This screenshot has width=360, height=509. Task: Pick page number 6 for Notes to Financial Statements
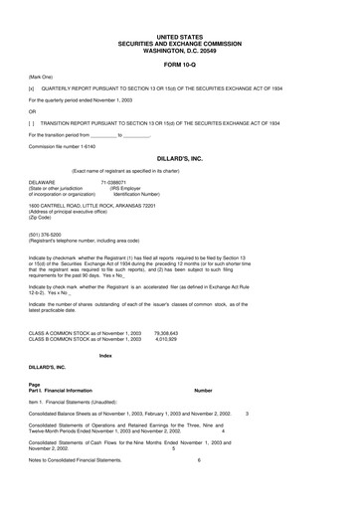[x=199, y=460]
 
